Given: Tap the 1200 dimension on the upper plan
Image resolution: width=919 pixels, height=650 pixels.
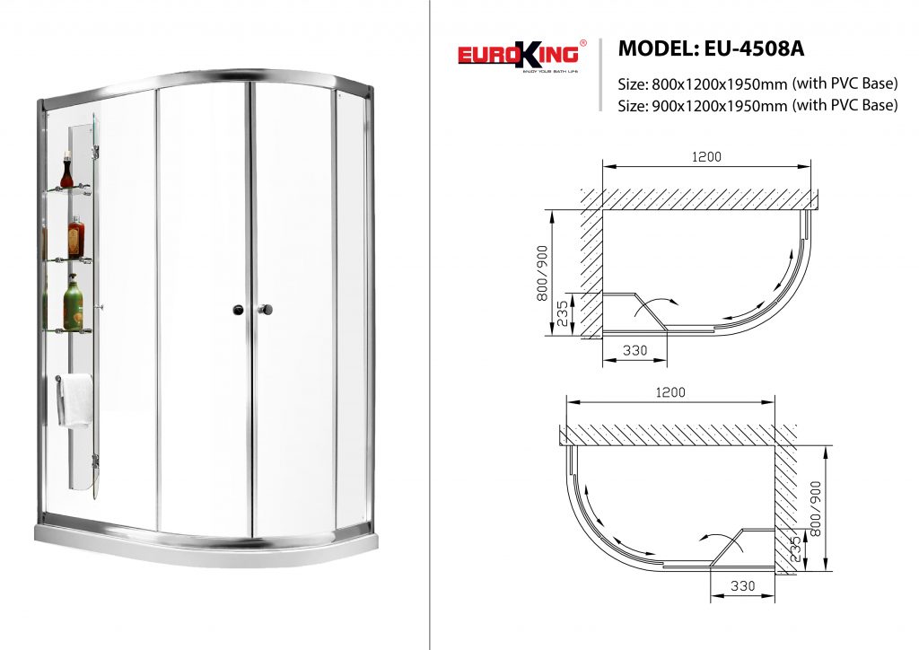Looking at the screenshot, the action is tap(706, 156).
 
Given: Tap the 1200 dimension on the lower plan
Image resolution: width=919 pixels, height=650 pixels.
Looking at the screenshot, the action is tap(670, 392).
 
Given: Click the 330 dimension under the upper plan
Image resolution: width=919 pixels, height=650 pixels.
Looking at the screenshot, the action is tap(635, 350).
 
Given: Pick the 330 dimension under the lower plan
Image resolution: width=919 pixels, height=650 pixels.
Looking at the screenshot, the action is tap(742, 585).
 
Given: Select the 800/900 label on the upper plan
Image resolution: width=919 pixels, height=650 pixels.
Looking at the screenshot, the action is tap(542, 273).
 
